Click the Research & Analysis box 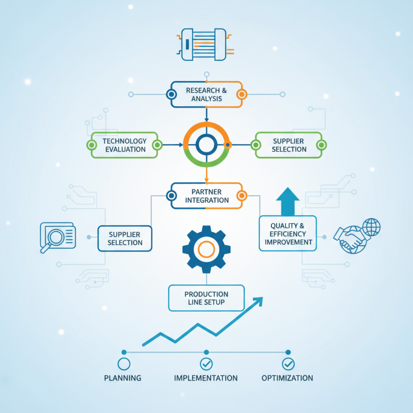[206, 94]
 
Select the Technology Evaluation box [124, 145]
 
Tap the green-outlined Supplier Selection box [289, 145]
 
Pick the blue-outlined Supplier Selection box [125, 239]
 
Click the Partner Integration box [206, 196]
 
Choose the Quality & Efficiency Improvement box [288, 233]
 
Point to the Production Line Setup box [206, 298]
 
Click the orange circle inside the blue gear [206, 249]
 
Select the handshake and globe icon [357, 236]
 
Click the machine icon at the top [205, 44]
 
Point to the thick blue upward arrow [288, 201]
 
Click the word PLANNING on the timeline [122, 378]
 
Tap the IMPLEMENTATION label [205, 378]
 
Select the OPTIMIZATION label [288, 378]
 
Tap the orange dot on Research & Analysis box [242, 94]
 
